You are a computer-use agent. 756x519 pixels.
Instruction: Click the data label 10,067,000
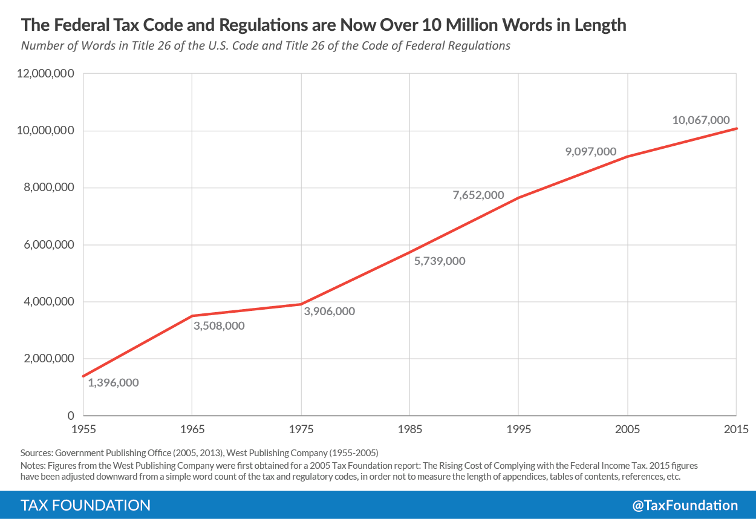click(701, 120)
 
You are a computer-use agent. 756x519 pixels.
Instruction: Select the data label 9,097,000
click(591, 151)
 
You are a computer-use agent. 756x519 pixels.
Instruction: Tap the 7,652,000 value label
click(478, 195)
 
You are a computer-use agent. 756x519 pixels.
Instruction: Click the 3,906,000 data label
click(330, 312)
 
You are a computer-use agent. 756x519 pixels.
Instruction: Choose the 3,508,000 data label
click(219, 325)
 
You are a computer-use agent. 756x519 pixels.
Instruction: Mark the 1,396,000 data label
click(113, 382)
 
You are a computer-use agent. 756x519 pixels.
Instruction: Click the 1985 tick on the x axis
click(409, 429)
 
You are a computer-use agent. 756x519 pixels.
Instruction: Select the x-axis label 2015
click(736, 429)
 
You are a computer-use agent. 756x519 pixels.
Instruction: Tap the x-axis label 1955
click(83, 429)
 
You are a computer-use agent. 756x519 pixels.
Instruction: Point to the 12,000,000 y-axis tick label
click(45, 74)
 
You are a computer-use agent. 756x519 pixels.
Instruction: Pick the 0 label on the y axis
click(71, 416)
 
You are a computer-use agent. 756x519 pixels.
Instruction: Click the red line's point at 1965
click(192, 316)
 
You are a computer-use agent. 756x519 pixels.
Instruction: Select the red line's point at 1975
click(301, 304)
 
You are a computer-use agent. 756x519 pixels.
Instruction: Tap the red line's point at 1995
click(518, 198)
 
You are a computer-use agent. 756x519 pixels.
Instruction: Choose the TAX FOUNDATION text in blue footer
click(85, 505)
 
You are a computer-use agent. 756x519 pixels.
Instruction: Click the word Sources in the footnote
click(37, 452)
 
